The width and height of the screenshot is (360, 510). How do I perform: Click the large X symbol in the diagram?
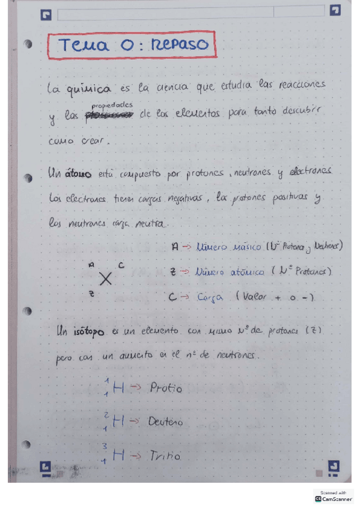point(106,278)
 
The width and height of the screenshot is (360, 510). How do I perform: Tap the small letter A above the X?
point(91,265)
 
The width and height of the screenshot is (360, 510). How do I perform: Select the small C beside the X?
point(121,265)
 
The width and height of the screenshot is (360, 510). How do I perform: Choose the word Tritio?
point(165,456)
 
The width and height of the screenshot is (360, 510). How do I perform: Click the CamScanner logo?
point(333,499)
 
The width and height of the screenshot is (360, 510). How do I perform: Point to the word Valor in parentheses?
point(257,297)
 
